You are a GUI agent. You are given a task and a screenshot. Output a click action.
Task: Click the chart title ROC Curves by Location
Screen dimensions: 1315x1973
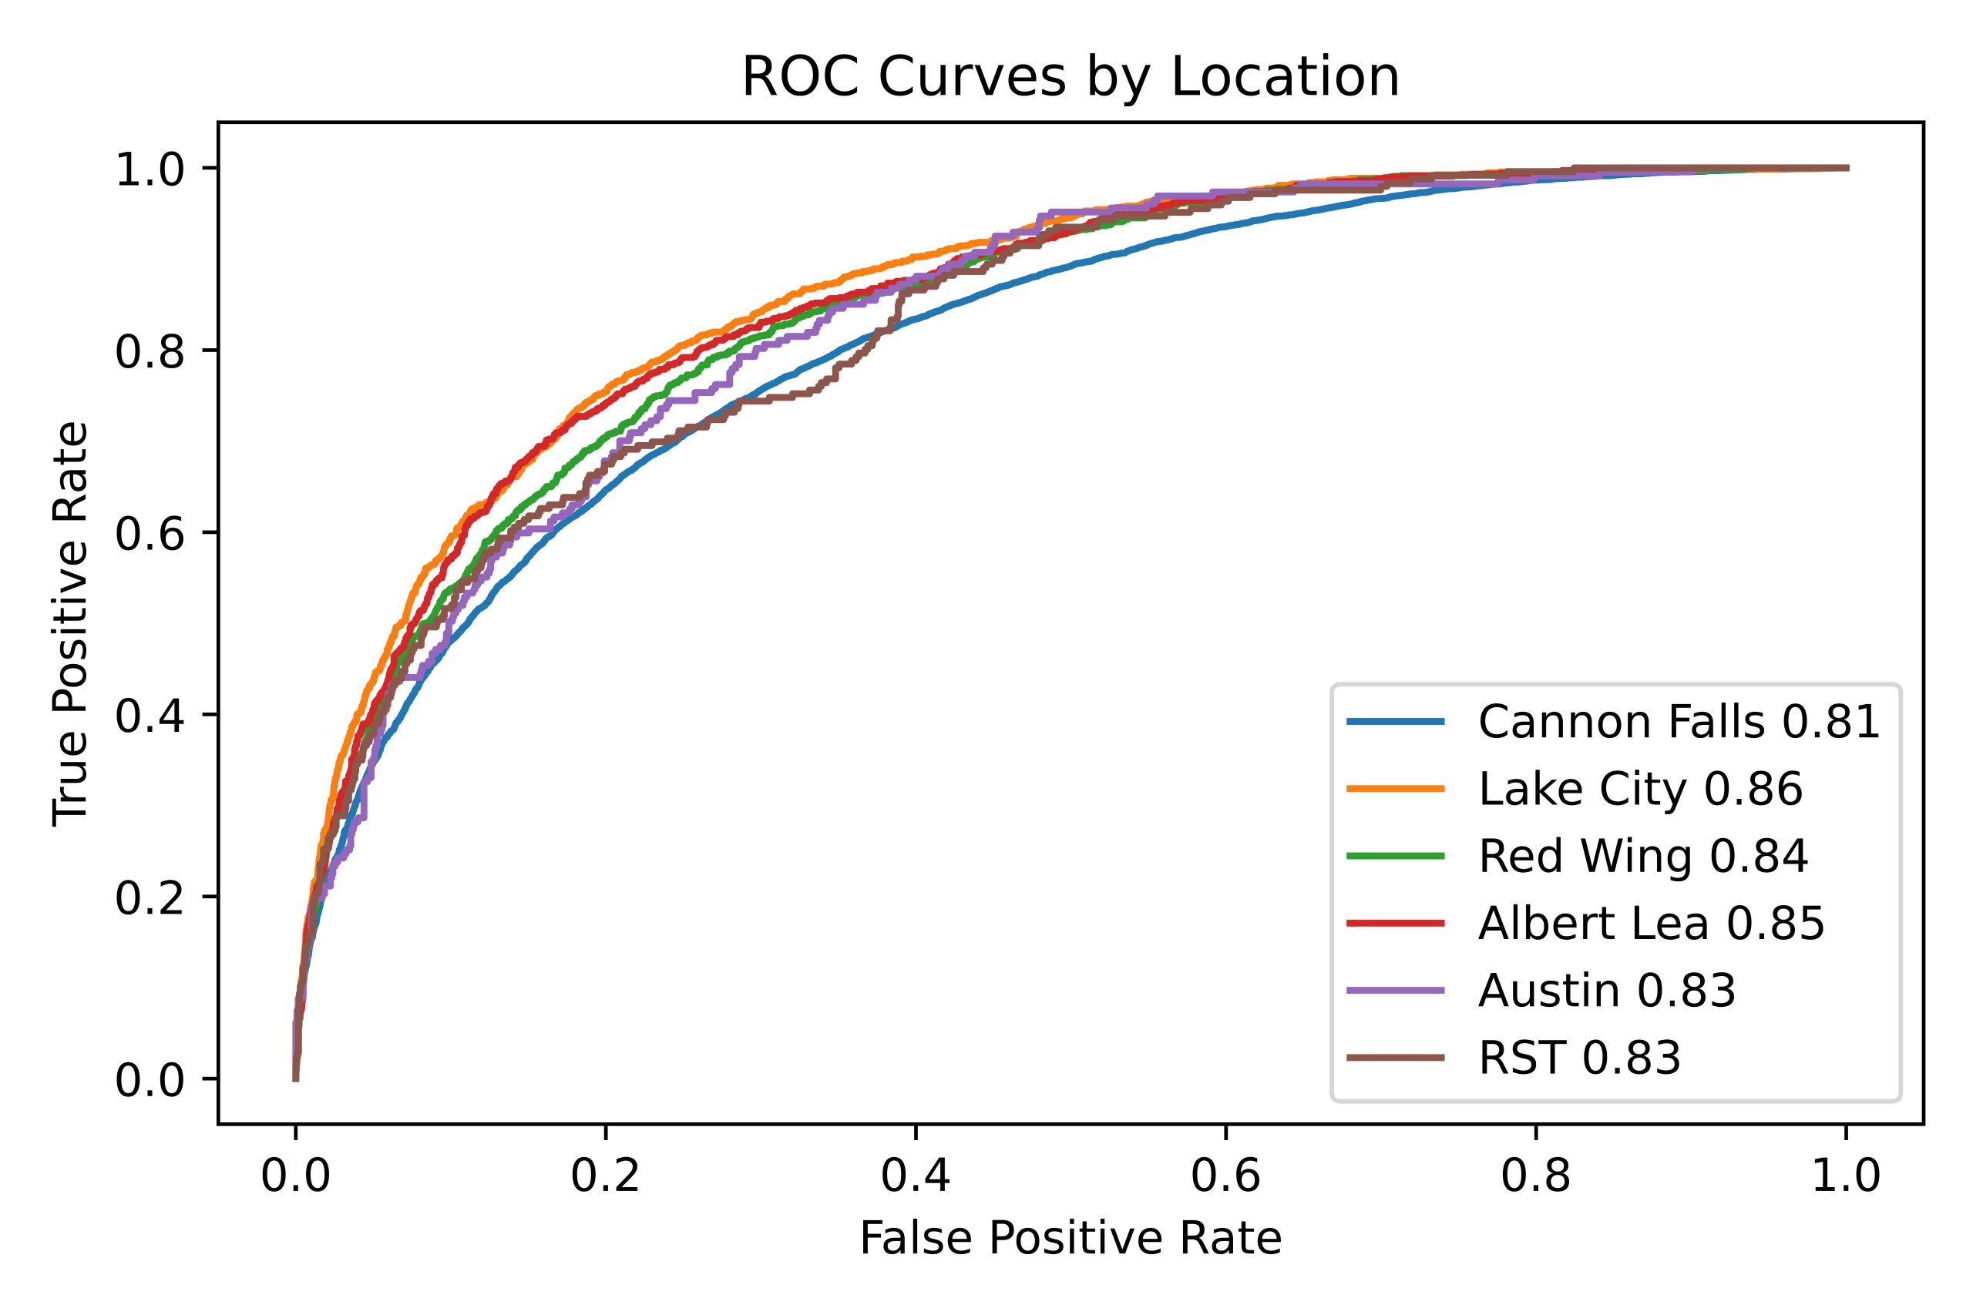tap(1071, 78)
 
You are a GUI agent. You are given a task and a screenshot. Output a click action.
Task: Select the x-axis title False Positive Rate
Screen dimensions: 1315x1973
tap(1071, 1239)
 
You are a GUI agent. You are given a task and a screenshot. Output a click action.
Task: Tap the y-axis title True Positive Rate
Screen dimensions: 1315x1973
tap(70, 623)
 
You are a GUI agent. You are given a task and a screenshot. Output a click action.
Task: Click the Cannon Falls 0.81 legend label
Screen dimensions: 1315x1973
tap(1679, 722)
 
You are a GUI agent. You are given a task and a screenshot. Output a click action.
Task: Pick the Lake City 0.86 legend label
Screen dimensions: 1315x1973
tap(1640, 789)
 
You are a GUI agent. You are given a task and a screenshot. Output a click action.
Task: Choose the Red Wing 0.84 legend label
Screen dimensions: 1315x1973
tap(1642, 857)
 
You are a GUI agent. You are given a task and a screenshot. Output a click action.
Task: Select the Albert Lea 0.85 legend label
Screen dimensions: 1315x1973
tap(1651, 924)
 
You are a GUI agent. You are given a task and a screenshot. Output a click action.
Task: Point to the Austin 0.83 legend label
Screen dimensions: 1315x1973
tap(1606, 991)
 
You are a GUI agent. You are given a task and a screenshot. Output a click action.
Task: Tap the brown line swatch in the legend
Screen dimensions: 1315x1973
tap(1396, 1058)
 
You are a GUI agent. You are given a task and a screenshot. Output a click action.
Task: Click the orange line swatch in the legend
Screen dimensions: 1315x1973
tap(1396, 789)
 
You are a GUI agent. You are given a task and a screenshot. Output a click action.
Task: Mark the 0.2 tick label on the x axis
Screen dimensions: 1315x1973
tap(605, 1176)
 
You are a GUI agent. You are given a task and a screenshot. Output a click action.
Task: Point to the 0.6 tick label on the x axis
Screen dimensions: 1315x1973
tap(1225, 1176)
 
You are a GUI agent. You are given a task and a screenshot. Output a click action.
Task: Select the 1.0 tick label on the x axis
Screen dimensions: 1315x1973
tap(1846, 1176)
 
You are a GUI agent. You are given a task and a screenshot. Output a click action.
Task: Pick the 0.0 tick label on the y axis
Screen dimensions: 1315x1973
tap(150, 1081)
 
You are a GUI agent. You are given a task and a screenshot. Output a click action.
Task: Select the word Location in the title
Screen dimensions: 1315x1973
tap(1285, 78)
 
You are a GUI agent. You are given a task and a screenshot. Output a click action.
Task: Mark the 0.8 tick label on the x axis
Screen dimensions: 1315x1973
tap(1535, 1176)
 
